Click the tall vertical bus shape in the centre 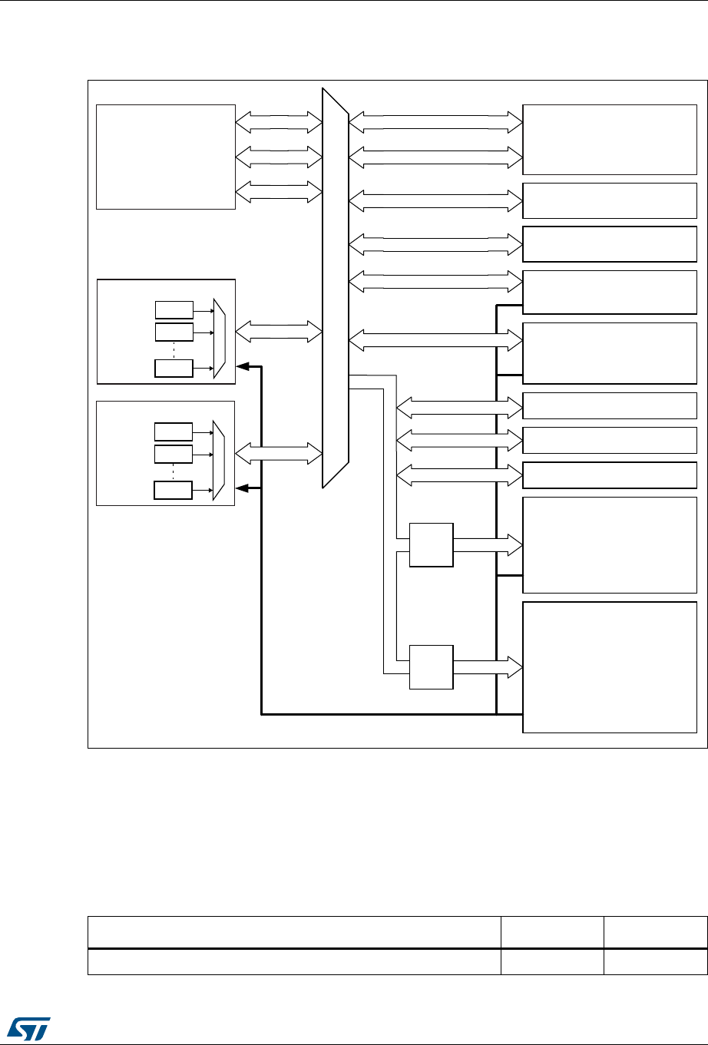click(x=335, y=288)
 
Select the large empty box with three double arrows click(x=165, y=156)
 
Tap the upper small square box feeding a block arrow click(x=432, y=544)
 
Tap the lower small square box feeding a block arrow click(x=432, y=667)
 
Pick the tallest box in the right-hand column click(x=610, y=667)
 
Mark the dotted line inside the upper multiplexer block click(x=174, y=349)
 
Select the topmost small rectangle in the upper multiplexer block click(x=174, y=310)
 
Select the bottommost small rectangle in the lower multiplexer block click(x=174, y=489)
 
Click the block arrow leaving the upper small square click(x=488, y=544)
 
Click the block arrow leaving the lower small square click(x=488, y=667)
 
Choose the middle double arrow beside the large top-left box click(x=279, y=157)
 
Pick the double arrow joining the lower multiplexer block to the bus click(x=279, y=453)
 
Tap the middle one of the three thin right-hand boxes click(x=610, y=440)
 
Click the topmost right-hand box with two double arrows click(x=610, y=140)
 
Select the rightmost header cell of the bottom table click(x=655, y=932)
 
